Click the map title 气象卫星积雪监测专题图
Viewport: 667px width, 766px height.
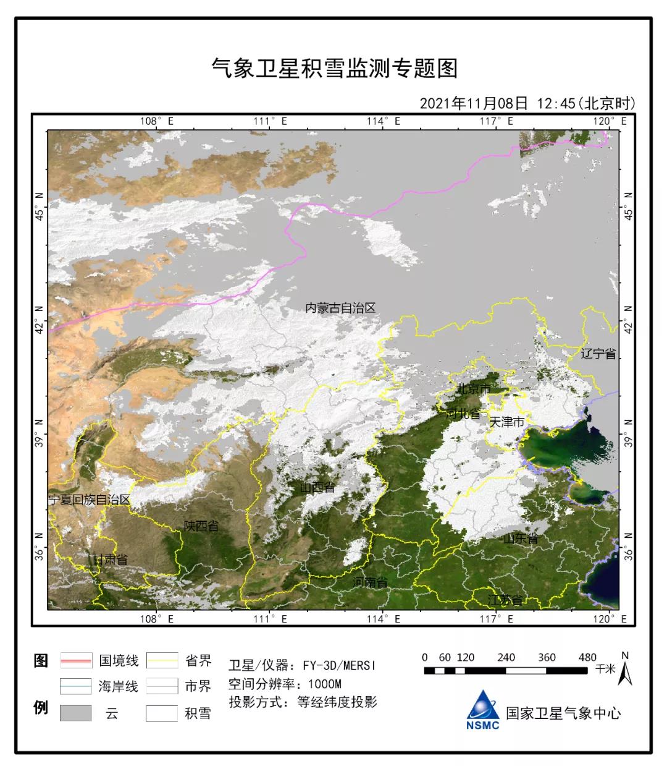(x=334, y=67)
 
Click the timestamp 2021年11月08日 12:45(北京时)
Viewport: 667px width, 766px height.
(x=527, y=103)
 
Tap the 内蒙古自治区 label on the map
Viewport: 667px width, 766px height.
(x=340, y=308)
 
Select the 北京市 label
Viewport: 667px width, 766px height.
(x=473, y=389)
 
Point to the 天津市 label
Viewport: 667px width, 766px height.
(x=506, y=422)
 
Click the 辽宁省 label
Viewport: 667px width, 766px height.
(x=598, y=354)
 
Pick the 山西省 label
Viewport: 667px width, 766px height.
(x=317, y=488)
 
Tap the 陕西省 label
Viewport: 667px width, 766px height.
(x=201, y=526)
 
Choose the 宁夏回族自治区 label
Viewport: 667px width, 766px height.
(x=90, y=500)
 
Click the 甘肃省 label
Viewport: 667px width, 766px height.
(x=111, y=560)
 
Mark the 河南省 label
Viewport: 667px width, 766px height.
(x=371, y=582)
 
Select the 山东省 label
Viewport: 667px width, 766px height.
(x=521, y=539)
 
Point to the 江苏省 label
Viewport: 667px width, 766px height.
(x=505, y=600)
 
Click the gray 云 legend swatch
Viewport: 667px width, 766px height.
(x=76, y=713)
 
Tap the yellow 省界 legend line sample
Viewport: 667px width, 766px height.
(x=162, y=661)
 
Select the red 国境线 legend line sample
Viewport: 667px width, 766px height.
(x=76, y=661)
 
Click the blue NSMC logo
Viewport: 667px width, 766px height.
(x=483, y=710)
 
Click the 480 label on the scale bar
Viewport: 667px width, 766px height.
(x=588, y=657)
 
